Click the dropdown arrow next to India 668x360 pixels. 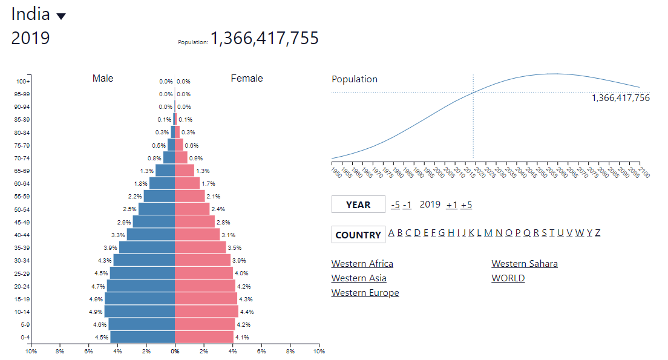pyautogui.click(x=61, y=16)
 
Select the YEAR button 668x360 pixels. pyautogui.click(x=358, y=205)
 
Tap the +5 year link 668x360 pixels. pyautogui.click(x=466, y=205)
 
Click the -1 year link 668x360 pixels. pyautogui.click(x=407, y=205)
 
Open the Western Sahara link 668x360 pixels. pyautogui.click(x=525, y=264)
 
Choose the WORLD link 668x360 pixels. pyautogui.click(x=508, y=278)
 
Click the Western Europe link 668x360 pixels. pyautogui.click(x=365, y=293)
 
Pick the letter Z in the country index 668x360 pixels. pyautogui.click(x=598, y=233)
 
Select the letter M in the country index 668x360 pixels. pyautogui.click(x=488, y=233)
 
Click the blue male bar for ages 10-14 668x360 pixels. pyautogui.click(x=139, y=312)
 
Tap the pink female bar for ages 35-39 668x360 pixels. pyautogui.click(x=200, y=247)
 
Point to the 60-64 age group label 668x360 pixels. pyautogui.click(x=22, y=184)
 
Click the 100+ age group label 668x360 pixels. pyautogui.click(x=24, y=82)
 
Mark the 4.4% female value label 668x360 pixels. pyautogui.click(x=246, y=312)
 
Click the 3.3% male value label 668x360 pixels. pyautogui.click(x=118, y=235)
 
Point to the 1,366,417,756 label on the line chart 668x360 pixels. pyautogui.click(x=620, y=98)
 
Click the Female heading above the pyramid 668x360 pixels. pyautogui.click(x=247, y=79)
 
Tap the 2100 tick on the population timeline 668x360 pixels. pyautogui.click(x=643, y=172)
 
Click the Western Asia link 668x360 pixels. pyautogui.click(x=359, y=278)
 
